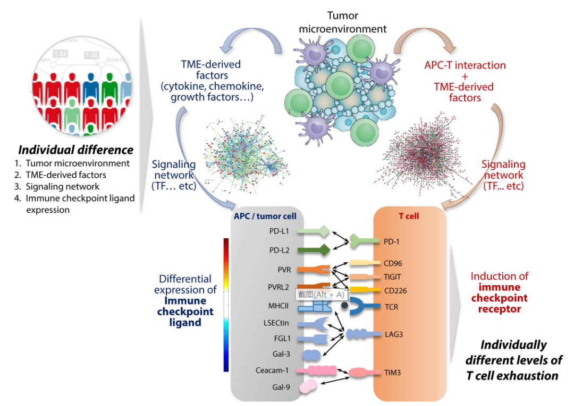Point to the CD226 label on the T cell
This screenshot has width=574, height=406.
(x=396, y=290)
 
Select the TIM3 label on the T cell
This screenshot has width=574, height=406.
(x=393, y=373)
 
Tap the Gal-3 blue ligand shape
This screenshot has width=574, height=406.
(x=310, y=354)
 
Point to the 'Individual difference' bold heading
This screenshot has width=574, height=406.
(x=76, y=150)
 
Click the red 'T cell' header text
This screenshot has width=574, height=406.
(x=409, y=216)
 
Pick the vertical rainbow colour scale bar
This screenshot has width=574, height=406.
(x=226, y=305)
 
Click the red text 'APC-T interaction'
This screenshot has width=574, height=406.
(x=465, y=66)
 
